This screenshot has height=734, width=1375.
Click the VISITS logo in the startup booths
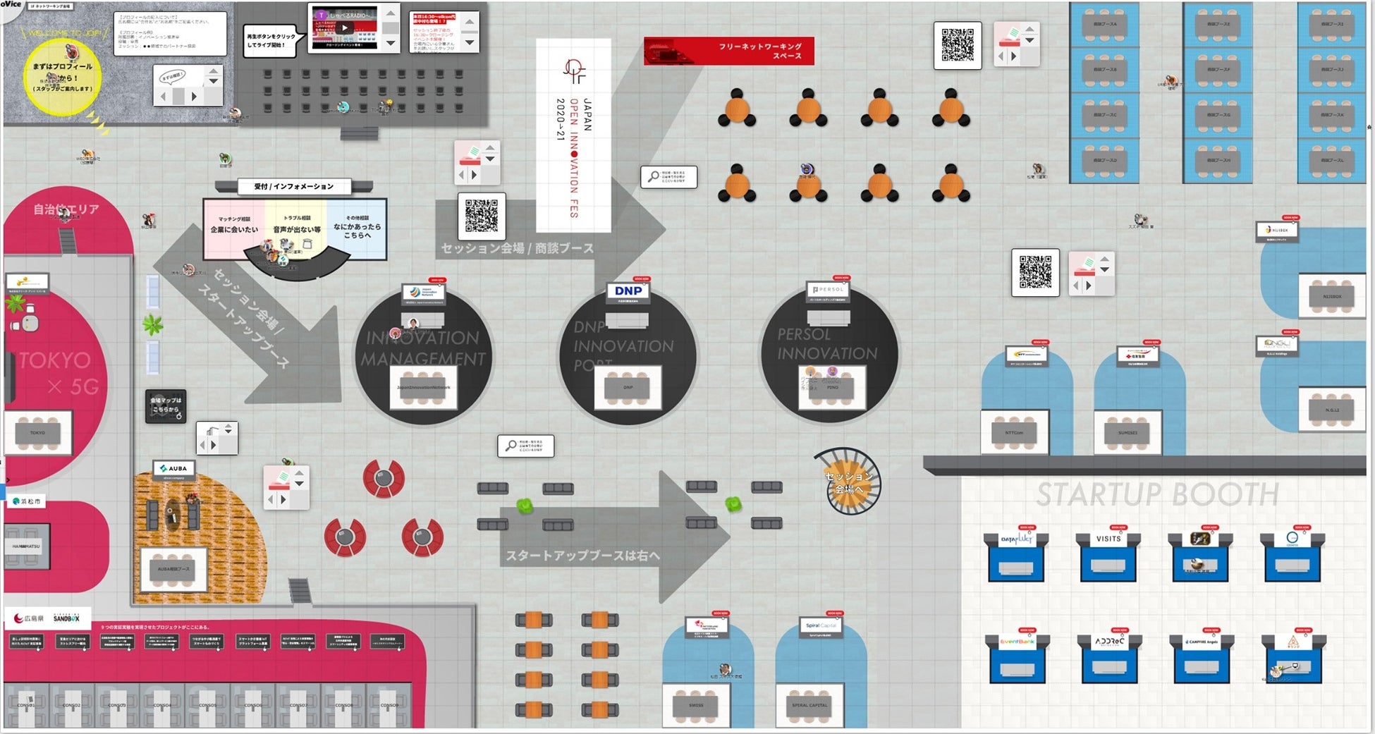click(x=1108, y=539)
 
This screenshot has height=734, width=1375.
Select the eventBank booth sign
click(x=1017, y=642)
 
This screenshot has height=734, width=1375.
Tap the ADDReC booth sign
click(x=1109, y=642)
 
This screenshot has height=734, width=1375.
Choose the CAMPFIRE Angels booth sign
click(x=1202, y=642)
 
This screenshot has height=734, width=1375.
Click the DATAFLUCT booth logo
click(x=1016, y=539)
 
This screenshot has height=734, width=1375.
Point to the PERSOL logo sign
click(x=828, y=290)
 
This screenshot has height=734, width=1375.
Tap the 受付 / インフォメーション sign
click(x=293, y=186)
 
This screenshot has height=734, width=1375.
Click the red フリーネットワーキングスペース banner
click(x=729, y=51)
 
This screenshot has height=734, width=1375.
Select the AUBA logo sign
click(x=173, y=468)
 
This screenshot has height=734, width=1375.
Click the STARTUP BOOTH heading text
click(x=1157, y=494)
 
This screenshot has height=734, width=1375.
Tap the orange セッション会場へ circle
click(x=848, y=482)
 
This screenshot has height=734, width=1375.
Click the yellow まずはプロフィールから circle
click(x=62, y=76)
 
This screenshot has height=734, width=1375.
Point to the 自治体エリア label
click(x=66, y=209)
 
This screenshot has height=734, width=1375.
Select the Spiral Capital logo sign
click(x=820, y=626)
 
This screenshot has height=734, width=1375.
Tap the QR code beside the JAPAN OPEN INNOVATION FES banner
click(x=481, y=216)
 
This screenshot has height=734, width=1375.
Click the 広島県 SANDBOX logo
click(x=47, y=618)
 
